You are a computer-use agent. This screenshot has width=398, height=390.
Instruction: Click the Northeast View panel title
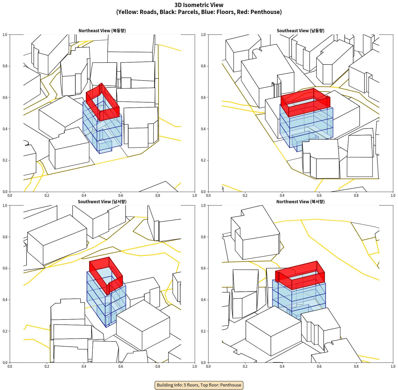(102, 30)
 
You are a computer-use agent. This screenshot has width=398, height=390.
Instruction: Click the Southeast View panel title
(300, 30)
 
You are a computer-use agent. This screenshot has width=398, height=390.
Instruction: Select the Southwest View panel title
(102, 201)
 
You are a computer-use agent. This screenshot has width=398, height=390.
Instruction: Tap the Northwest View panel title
(300, 201)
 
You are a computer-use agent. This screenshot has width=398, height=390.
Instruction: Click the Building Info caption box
(199, 385)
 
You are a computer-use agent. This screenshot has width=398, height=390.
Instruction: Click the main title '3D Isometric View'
(199, 5)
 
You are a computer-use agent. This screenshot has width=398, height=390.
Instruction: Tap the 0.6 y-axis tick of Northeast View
(5, 97)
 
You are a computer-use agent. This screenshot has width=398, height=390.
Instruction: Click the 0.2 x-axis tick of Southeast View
(245, 195)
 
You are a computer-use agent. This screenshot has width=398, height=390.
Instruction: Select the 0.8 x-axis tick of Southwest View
(158, 366)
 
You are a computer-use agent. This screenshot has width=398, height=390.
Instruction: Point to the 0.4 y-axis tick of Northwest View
(203, 300)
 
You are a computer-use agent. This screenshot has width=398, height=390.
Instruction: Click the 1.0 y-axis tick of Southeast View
(203, 35)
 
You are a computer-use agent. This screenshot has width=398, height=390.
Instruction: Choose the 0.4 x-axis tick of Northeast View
(84, 195)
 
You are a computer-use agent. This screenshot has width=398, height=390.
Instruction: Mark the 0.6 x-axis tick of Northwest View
(319, 366)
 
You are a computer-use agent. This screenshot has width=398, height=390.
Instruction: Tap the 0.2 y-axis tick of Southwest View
(5, 331)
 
